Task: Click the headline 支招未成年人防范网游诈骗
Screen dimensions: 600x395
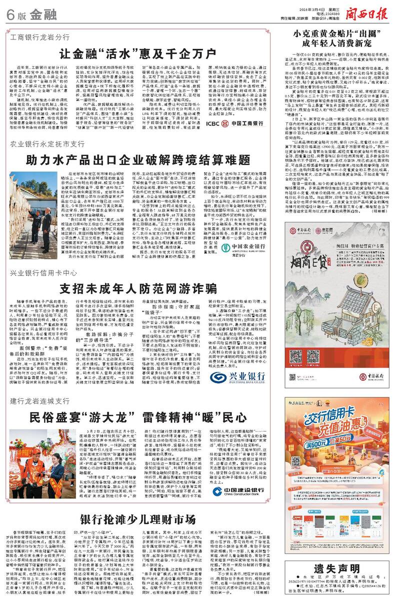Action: (x=138, y=288)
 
